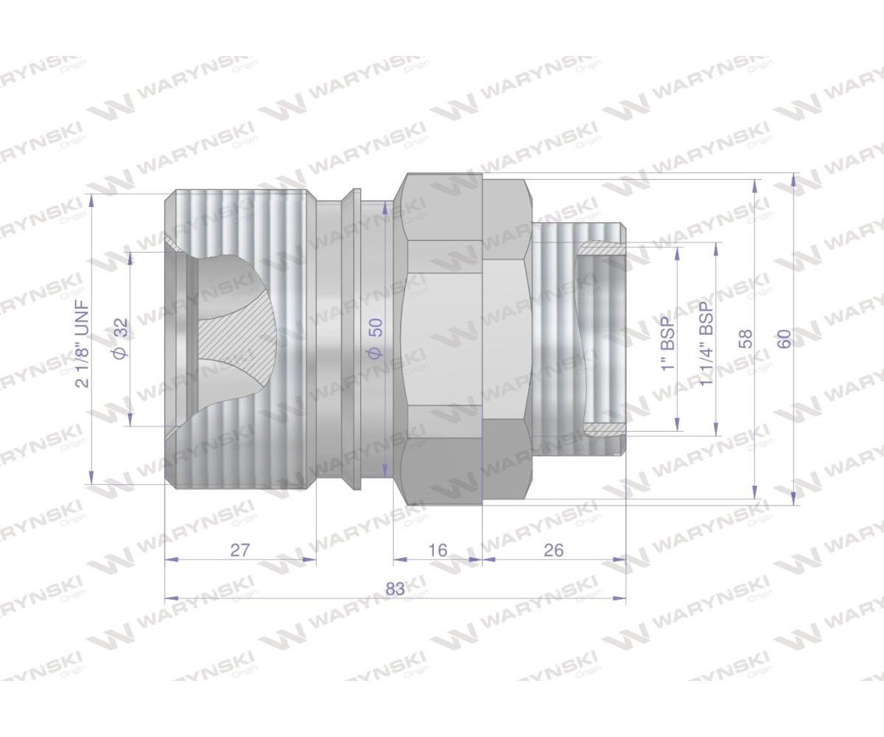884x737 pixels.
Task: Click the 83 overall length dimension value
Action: [395, 589]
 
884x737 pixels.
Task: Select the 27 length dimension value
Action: [240, 551]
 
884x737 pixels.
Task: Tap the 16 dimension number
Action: [438, 551]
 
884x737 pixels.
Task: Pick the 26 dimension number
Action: [553, 551]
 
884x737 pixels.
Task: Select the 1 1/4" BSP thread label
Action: [706, 343]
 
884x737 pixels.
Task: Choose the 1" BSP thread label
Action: [668, 343]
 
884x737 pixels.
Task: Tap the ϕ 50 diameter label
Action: [376, 339]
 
